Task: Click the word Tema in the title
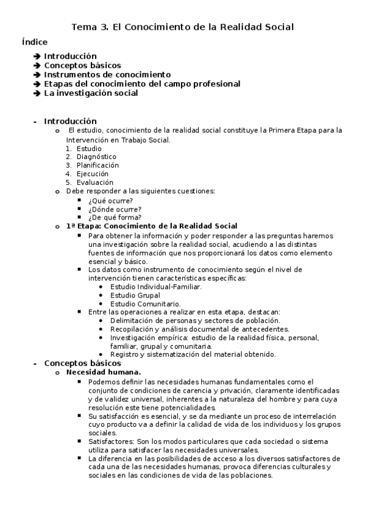click(x=84, y=27)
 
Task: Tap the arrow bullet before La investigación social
click(x=38, y=93)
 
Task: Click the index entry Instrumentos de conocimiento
click(x=99, y=74)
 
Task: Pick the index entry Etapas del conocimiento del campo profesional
click(x=142, y=84)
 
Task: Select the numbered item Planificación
click(x=97, y=165)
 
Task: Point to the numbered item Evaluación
click(x=94, y=182)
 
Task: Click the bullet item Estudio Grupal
click(x=135, y=295)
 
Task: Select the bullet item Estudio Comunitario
click(x=145, y=304)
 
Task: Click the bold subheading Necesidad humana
click(x=104, y=372)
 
